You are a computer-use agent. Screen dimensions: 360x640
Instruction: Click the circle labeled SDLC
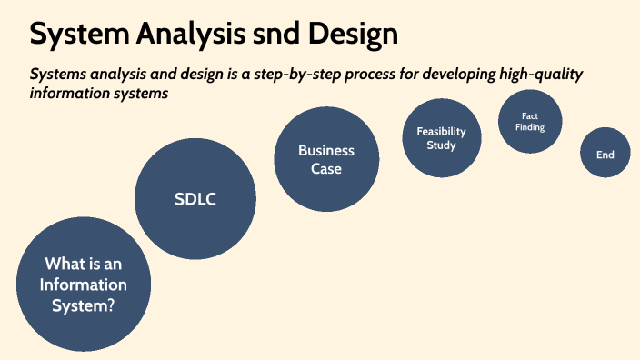(196, 199)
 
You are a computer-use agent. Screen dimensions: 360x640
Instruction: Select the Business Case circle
(326, 159)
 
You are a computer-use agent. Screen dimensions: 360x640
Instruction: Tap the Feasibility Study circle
(441, 138)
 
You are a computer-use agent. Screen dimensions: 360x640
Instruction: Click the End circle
(605, 154)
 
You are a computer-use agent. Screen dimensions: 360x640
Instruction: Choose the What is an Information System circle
(85, 285)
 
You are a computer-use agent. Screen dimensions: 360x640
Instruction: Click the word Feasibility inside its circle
(441, 131)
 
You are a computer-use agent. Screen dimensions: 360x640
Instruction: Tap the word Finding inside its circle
(531, 127)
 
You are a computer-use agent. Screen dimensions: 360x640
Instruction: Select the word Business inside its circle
(326, 151)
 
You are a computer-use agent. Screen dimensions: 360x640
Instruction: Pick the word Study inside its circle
(441, 145)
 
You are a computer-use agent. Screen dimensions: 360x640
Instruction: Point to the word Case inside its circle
(326, 168)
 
